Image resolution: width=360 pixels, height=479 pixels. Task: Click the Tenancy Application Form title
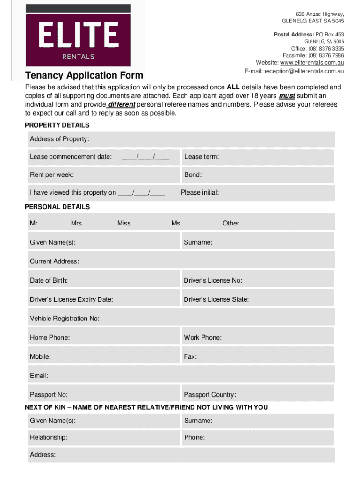point(84,76)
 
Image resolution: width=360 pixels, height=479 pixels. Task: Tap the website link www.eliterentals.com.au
point(312,63)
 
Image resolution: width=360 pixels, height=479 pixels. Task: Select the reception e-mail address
point(304,72)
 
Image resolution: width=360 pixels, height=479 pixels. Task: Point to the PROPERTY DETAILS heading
point(57,125)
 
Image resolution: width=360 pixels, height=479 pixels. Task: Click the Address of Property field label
point(59,139)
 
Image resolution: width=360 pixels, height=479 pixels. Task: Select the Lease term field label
point(202,157)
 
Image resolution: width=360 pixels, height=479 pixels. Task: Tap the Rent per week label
point(52,175)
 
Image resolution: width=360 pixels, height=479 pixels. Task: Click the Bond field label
point(193,175)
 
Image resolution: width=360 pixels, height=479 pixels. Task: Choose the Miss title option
point(124,223)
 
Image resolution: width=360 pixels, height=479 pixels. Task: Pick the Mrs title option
point(76,223)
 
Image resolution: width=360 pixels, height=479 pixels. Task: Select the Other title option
point(230,223)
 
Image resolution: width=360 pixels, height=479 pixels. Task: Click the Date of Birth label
point(49,280)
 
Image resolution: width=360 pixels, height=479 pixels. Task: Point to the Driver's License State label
point(216,299)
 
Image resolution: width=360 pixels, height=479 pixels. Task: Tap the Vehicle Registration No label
point(65,319)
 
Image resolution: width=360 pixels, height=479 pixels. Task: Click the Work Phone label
point(202,337)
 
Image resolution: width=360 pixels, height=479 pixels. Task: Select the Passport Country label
point(210,395)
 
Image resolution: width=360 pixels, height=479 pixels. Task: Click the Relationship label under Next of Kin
point(49,437)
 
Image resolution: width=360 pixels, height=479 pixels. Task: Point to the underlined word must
point(287,96)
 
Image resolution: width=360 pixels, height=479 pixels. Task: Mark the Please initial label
point(200,192)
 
